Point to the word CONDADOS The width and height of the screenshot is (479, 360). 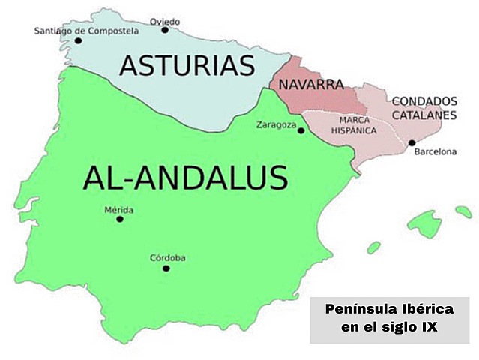point(424,100)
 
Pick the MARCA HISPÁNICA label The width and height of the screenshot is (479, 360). point(353,124)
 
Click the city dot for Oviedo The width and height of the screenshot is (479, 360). point(165,31)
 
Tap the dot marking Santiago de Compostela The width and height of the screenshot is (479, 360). point(78,40)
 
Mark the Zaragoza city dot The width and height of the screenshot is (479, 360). point(301,130)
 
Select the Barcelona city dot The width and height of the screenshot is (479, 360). point(412,142)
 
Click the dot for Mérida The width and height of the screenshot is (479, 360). point(119,219)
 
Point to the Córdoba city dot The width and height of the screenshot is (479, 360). point(166,268)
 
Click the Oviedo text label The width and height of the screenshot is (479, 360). point(165,21)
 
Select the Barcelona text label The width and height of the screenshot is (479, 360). point(436,152)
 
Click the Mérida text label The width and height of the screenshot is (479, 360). point(120,209)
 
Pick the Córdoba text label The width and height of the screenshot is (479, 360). point(168,258)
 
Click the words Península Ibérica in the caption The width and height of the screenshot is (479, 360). point(390,310)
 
